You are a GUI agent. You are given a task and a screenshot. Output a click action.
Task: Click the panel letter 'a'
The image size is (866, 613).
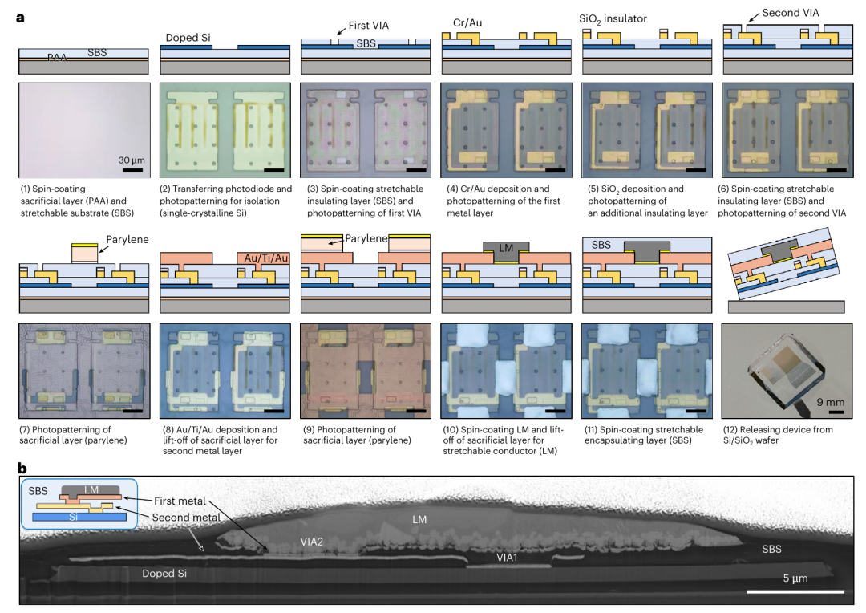20,18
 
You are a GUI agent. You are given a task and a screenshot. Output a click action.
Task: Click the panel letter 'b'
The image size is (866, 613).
22,469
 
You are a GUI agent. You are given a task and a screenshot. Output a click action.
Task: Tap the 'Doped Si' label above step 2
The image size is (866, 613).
188,38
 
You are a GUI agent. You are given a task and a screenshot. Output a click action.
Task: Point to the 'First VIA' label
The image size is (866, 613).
368,26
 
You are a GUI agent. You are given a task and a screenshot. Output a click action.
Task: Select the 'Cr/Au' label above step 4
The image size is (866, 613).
467,22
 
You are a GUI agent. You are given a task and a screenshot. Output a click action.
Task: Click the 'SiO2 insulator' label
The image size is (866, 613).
613,18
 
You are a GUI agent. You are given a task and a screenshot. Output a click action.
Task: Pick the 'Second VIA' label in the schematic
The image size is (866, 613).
791,13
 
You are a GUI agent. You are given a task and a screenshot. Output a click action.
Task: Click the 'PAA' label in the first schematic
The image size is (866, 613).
57,58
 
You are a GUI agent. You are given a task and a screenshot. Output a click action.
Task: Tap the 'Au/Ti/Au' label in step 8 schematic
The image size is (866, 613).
266,258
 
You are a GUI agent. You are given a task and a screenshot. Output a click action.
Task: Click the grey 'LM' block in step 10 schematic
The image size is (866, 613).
506,248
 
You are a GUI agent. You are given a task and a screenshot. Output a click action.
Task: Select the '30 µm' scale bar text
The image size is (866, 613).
132,160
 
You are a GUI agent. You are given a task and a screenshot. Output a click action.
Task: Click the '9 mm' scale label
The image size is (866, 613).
831,402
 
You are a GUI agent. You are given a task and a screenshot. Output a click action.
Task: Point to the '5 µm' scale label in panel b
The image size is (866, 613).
795,578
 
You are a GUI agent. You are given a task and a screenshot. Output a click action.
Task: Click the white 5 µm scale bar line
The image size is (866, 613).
796,591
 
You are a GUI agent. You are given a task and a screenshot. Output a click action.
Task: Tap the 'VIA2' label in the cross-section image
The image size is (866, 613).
311,542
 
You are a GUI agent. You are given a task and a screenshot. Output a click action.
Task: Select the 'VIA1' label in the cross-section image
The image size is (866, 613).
507,558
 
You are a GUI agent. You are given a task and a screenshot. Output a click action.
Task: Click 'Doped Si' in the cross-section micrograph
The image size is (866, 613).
164,574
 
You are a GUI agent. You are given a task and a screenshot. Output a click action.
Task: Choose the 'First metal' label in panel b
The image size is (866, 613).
180,501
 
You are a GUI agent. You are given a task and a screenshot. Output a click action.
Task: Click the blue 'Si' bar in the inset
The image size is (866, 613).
79,517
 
